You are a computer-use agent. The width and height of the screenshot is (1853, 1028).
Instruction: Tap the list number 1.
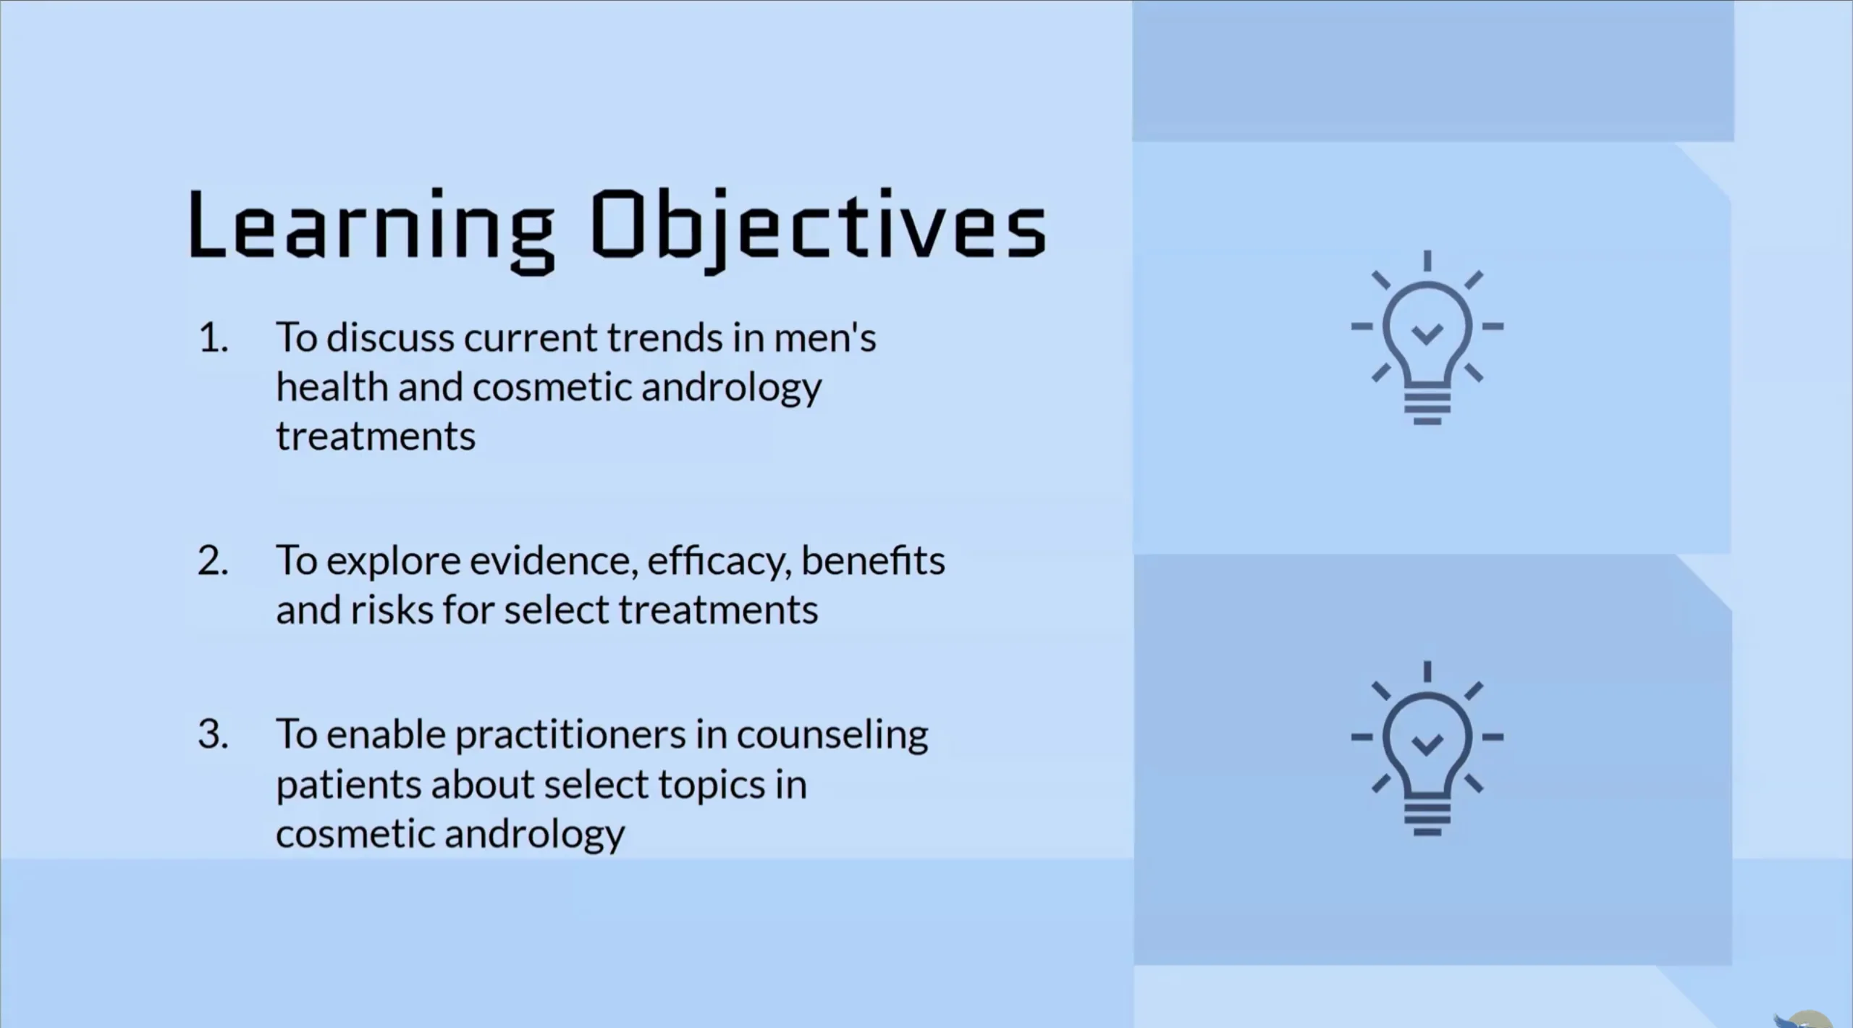point(213,338)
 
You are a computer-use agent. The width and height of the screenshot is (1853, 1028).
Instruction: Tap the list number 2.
point(213,561)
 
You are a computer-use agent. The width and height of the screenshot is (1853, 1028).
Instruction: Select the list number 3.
point(213,735)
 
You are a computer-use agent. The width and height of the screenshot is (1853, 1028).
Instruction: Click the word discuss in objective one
point(390,337)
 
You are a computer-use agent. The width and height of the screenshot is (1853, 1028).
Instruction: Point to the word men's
point(825,337)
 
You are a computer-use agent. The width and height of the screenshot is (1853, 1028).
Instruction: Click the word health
point(332,387)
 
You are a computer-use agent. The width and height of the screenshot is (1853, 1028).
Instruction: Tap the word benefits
point(873,560)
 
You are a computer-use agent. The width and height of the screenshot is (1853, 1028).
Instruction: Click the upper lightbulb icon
point(1427,337)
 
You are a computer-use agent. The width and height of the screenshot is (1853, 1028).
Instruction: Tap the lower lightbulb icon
point(1427,749)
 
